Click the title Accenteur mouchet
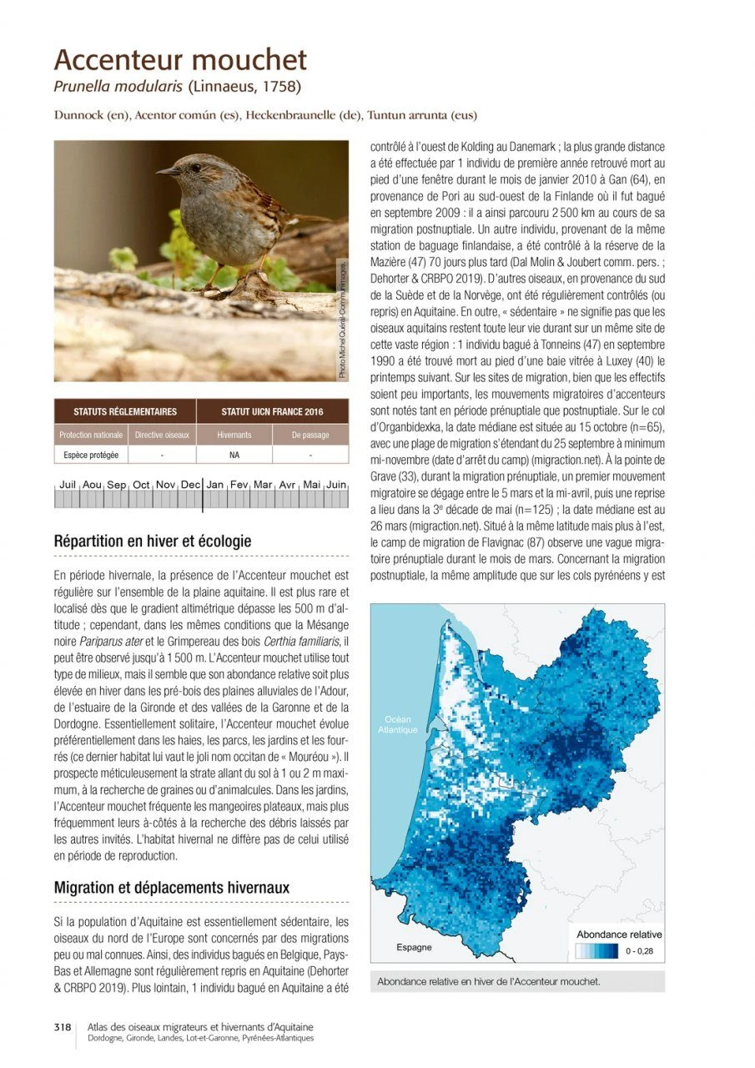pyautogui.click(x=180, y=60)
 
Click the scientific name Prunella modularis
pyautogui.click(x=118, y=87)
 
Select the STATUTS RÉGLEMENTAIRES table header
pyautogui.click(x=125, y=411)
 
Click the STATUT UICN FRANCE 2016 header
pyautogui.click(x=272, y=411)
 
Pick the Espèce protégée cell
pyautogui.click(x=91, y=456)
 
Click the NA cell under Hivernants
pyautogui.click(x=234, y=456)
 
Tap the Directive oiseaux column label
pyautogui.click(x=162, y=435)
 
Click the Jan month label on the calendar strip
pyautogui.click(x=214, y=484)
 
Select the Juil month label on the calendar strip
pyautogui.click(x=68, y=484)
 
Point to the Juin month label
pyautogui.click(x=336, y=484)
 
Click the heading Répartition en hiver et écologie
pyautogui.click(x=153, y=542)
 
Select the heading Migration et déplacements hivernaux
pyautogui.click(x=172, y=887)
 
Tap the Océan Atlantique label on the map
pyautogui.click(x=397, y=724)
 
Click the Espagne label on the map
pyautogui.click(x=414, y=947)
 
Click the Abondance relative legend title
pyautogui.click(x=619, y=934)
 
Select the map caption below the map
pyautogui.click(x=488, y=981)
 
